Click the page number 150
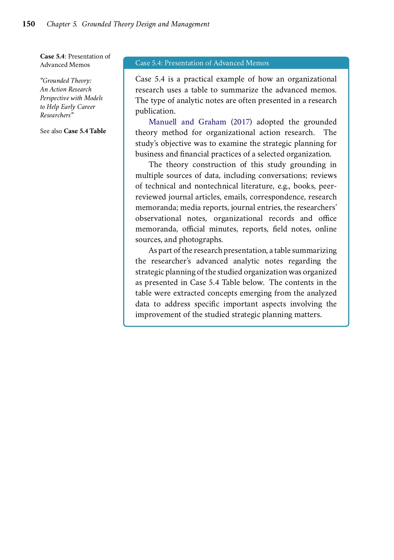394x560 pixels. point(29,24)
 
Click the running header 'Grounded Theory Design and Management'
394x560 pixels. point(146,24)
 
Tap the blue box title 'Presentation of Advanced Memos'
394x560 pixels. point(216,63)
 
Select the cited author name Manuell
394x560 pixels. point(163,122)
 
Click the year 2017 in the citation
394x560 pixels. point(241,122)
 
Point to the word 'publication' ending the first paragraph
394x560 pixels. point(155,111)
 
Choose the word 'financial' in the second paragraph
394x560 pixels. point(194,154)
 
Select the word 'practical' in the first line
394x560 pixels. point(198,79)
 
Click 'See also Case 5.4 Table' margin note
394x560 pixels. point(73,131)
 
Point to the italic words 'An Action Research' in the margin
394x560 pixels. point(66,89)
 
